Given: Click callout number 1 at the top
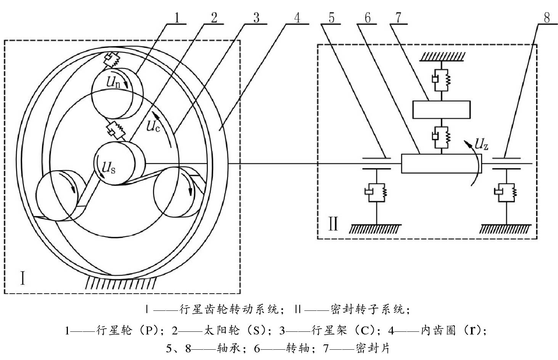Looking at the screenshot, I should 176,18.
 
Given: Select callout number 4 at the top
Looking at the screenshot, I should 297,18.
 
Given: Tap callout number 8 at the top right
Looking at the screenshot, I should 547,18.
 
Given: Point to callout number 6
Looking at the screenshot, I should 367,18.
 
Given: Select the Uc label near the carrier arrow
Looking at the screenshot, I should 153,126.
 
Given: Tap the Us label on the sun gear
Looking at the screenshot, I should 109,167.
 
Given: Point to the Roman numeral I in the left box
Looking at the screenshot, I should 23,278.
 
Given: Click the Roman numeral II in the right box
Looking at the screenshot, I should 333,224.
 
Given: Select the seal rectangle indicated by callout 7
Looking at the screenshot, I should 441,109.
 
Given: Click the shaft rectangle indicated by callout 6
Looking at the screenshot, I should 441,164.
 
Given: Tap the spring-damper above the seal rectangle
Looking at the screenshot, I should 441,79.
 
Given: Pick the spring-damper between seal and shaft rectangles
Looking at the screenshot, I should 441,136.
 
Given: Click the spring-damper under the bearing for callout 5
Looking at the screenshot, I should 376,191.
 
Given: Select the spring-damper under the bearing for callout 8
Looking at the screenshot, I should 506,191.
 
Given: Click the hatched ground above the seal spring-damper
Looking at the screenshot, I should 441,56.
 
